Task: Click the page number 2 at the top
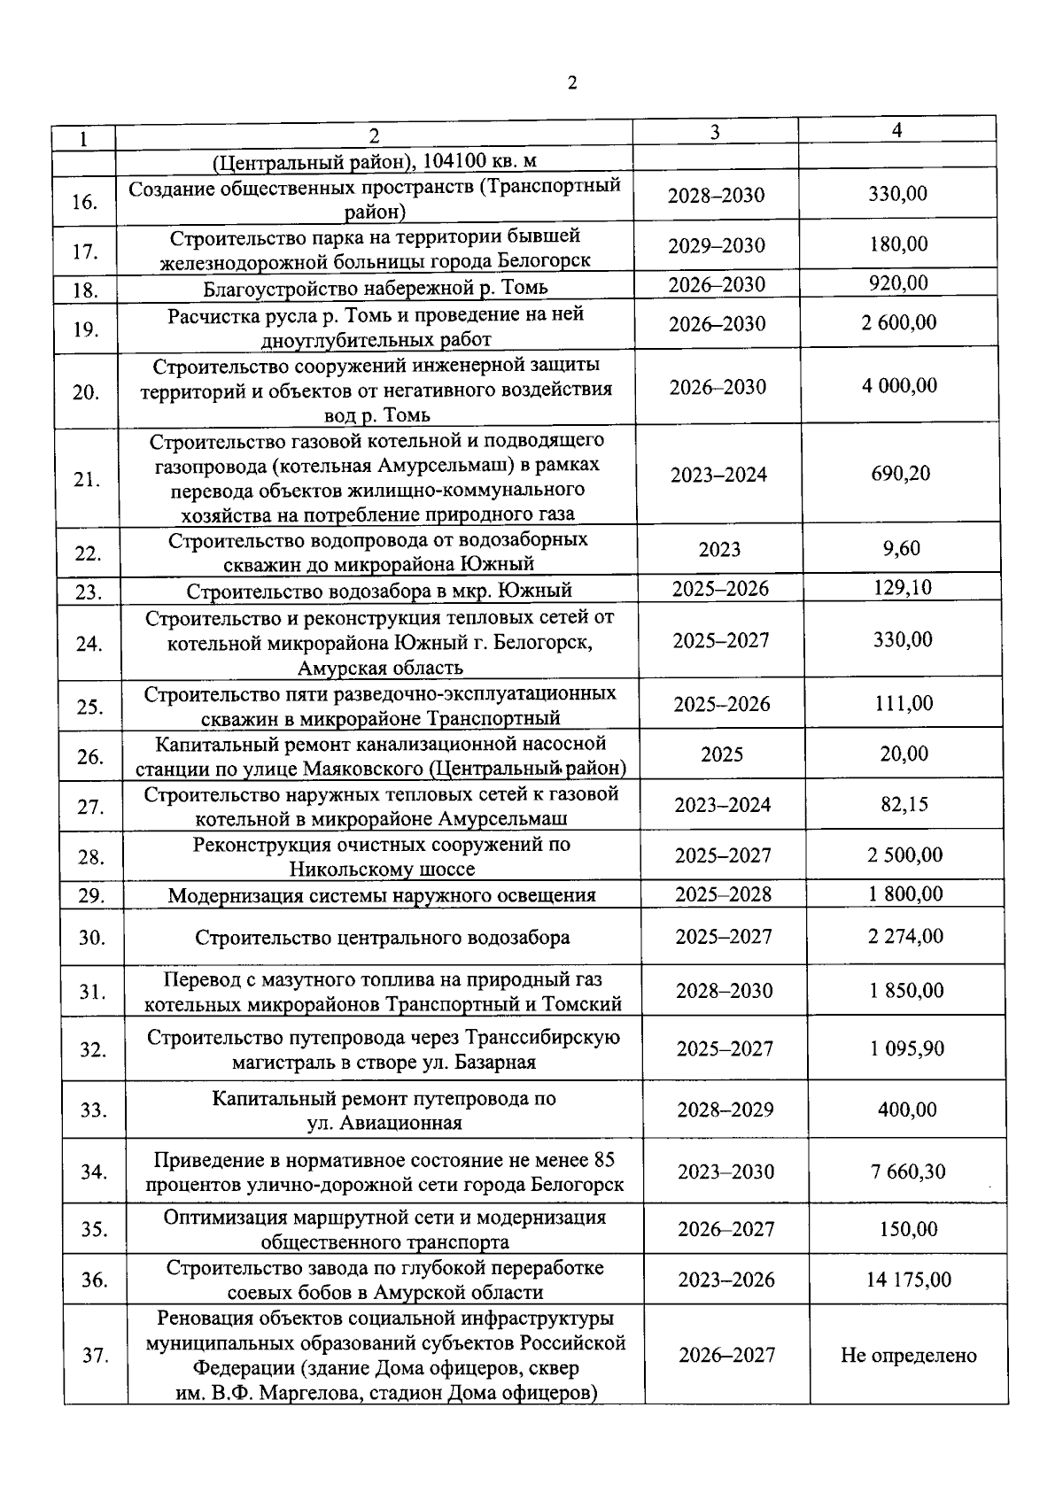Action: tap(571, 83)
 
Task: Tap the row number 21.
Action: tap(86, 480)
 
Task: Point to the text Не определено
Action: tap(909, 1356)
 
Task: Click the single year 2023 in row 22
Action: tap(719, 550)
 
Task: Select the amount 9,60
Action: tap(902, 549)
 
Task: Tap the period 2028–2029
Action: tap(725, 1110)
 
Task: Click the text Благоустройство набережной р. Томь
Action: tap(376, 288)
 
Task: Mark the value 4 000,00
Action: tap(899, 386)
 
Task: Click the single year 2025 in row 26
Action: tap(722, 754)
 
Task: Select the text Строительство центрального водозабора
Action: tap(383, 938)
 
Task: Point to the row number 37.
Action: tap(95, 1356)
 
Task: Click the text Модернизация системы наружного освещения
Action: tap(382, 895)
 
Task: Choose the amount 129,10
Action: tap(903, 588)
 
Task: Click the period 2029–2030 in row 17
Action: tap(717, 245)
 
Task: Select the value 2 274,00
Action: tap(906, 936)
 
